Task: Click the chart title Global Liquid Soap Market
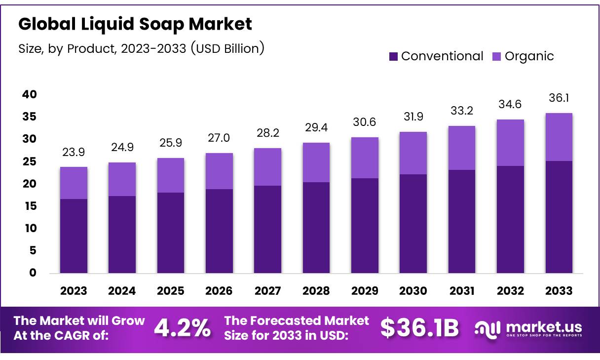[135, 24]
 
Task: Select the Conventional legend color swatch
[393, 56]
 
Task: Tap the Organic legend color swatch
[497, 56]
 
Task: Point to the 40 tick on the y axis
[29, 94]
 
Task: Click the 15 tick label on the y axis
[29, 206]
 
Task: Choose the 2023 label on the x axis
[74, 290]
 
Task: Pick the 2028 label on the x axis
[316, 290]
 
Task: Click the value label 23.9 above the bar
[74, 153]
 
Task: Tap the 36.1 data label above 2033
[559, 99]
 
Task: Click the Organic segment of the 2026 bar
[219, 171]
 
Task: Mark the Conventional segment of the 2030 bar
[413, 223]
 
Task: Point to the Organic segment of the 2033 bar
[559, 137]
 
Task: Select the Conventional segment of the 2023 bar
[74, 236]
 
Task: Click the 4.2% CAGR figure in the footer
[182, 328]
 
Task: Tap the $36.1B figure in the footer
[419, 328]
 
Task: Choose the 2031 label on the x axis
[462, 290]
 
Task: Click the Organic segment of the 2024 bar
[122, 179]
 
